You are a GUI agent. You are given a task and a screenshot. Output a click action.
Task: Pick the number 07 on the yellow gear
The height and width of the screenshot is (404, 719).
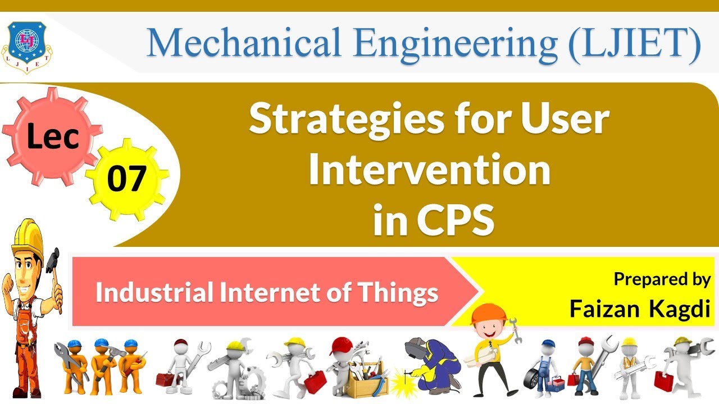point(126,178)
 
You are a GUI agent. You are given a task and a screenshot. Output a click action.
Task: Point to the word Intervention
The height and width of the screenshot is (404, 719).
point(429,171)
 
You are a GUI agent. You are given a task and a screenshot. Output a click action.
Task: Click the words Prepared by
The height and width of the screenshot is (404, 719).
point(662,279)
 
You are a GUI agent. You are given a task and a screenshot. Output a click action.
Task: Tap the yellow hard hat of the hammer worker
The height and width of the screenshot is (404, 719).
point(27,235)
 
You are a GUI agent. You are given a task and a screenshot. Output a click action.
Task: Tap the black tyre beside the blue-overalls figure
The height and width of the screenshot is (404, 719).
point(533,381)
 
